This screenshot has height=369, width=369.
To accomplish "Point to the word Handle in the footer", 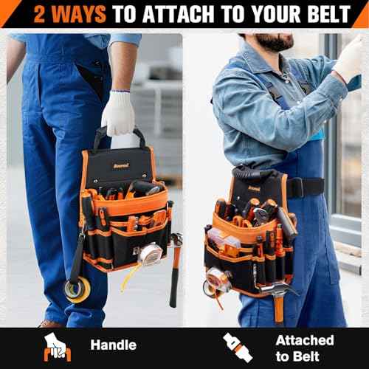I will [113, 345].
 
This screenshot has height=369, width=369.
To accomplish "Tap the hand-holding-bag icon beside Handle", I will [57, 346].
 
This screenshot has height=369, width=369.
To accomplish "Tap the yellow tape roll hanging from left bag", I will [76, 289].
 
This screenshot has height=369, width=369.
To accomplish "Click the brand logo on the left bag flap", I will [119, 156].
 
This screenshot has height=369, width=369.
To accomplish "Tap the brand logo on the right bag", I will [254, 188].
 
